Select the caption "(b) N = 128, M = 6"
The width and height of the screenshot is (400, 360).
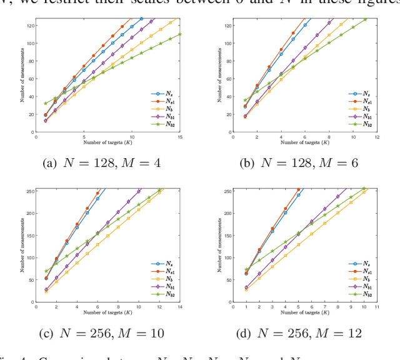click(299, 163)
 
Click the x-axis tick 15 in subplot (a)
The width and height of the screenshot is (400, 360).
click(180, 136)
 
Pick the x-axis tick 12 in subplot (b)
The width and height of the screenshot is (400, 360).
click(377, 136)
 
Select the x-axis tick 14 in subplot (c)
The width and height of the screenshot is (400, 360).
click(180, 306)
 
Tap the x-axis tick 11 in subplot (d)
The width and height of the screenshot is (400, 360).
click(377, 306)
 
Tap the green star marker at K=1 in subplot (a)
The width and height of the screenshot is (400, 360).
click(45, 104)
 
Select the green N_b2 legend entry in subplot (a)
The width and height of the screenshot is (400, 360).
click(163, 124)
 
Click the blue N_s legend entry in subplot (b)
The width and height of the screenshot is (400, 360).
click(359, 93)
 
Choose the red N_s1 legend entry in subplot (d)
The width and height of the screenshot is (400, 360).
click(359, 271)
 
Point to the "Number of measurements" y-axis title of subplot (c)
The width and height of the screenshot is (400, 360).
click(22, 244)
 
